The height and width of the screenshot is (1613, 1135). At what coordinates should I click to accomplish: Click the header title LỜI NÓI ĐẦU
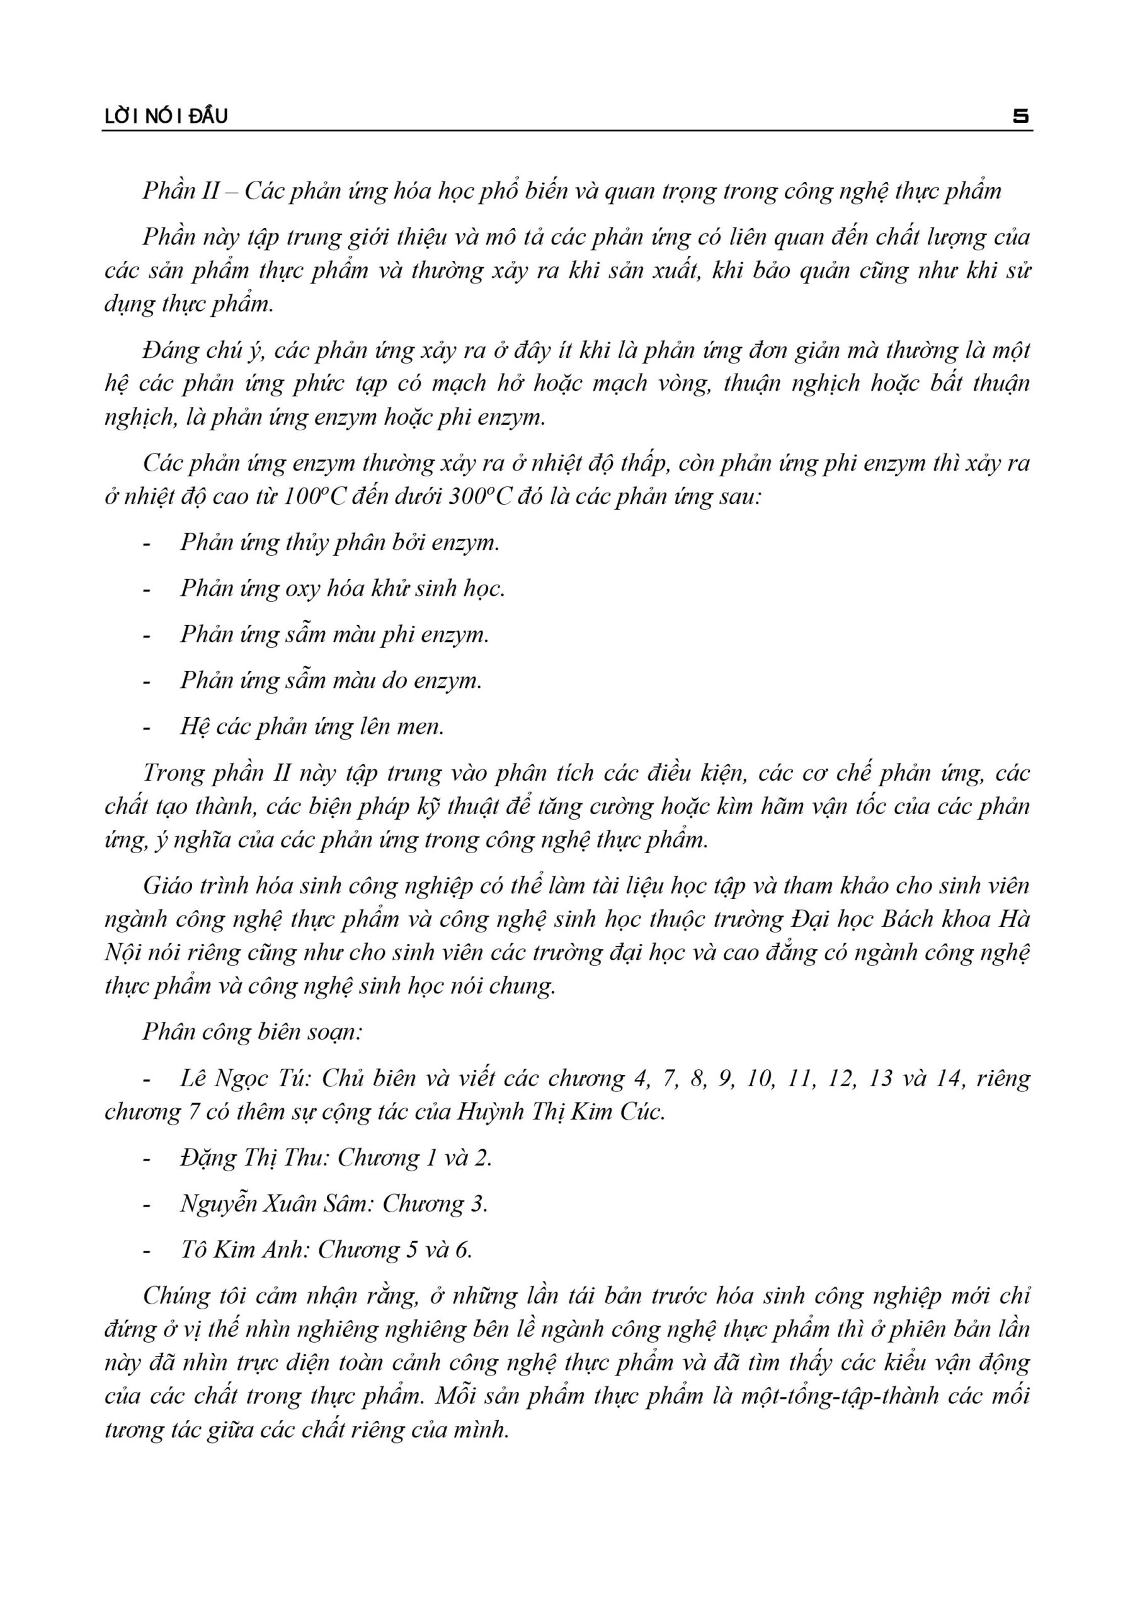point(166,117)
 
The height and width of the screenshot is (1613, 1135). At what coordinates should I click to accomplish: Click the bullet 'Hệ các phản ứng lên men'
point(312,726)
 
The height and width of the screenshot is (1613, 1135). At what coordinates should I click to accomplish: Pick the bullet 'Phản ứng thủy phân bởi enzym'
point(339,542)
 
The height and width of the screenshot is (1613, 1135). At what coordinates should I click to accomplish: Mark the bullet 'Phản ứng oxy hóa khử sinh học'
point(342,588)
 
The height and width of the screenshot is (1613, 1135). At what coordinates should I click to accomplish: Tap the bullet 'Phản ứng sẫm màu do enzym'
point(330,680)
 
